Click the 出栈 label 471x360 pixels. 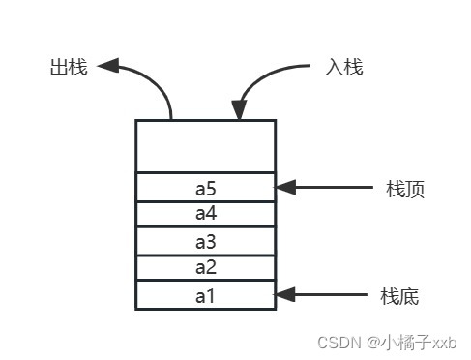(x=68, y=69)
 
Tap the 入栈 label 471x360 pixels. (x=345, y=69)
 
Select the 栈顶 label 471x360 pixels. (x=405, y=189)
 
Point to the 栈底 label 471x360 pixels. (x=399, y=294)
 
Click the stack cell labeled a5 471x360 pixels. (x=205, y=188)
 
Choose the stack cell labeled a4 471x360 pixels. (x=205, y=214)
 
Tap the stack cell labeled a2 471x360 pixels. (x=205, y=267)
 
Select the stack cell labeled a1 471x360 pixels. (x=205, y=295)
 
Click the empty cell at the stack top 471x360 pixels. (x=205, y=146)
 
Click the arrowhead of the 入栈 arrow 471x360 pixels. (x=238, y=109)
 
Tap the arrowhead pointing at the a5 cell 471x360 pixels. (x=285, y=187)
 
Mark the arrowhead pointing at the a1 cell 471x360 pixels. (x=285, y=293)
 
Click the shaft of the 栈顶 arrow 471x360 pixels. (x=334, y=187)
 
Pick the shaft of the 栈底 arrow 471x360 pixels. (x=334, y=293)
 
